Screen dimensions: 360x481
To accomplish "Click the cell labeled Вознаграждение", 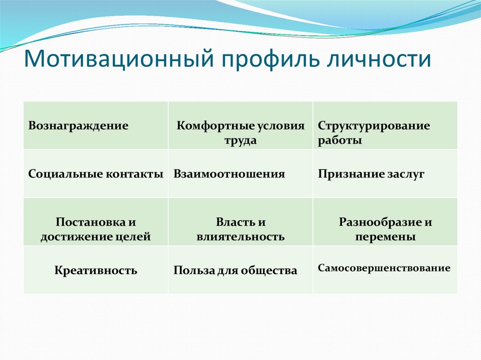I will click(x=78, y=126).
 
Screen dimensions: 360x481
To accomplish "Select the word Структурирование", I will click(x=373, y=126).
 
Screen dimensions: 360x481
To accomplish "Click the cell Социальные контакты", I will click(x=95, y=174).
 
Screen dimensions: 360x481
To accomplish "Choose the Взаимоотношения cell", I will click(x=229, y=174).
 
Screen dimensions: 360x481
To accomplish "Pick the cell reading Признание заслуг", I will click(x=371, y=174).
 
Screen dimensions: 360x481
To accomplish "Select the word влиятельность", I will click(x=240, y=237).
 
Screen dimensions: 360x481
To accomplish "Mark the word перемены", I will click(x=385, y=237).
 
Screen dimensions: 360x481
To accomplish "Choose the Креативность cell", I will click(x=95, y=270).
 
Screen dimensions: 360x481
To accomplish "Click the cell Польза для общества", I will click(x=235, y=271).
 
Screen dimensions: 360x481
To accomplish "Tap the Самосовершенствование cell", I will click(x=384, y=268).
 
